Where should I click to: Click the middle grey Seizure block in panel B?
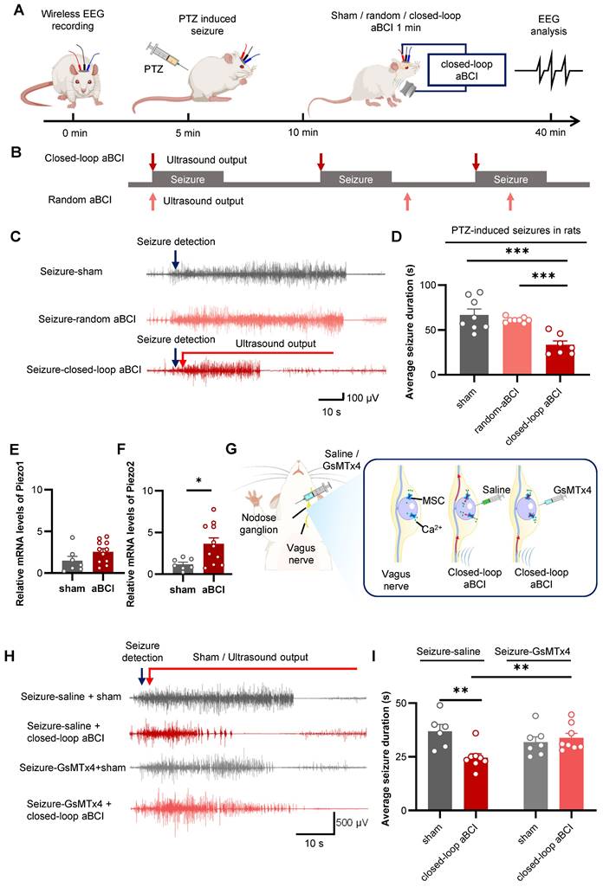[x=356, y=179]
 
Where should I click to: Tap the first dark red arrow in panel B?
[x=152, y=162]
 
